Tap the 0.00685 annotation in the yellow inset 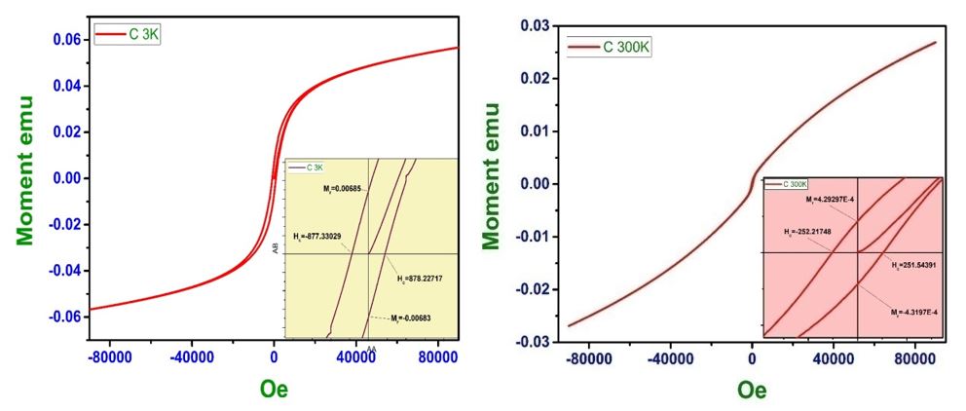[x=341, y=189]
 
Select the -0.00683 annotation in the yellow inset [x=412, y=318]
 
